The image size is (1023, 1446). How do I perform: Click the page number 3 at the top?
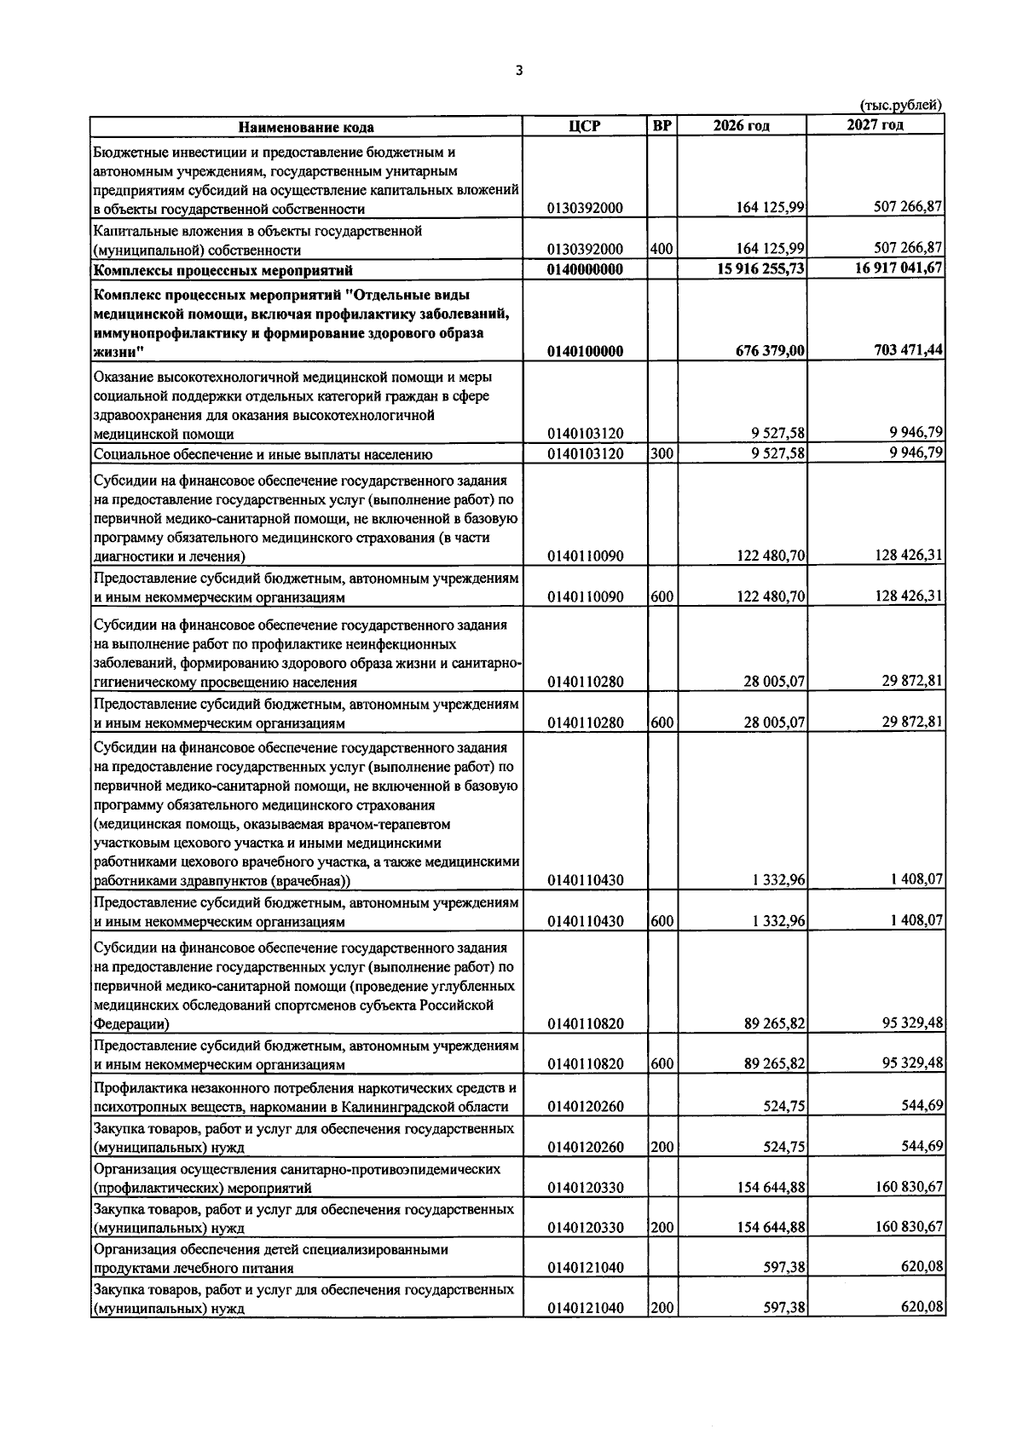point(518,71)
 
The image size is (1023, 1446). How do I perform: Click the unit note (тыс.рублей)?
point(900,106)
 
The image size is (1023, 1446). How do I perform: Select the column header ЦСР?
point(584,126)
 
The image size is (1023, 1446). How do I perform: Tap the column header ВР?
point(662,126)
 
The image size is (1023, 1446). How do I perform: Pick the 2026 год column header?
point(741,126)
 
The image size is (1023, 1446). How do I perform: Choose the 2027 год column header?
point(875,125)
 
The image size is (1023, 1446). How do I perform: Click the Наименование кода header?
point(306,127)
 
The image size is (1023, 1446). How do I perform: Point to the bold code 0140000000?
point(585,270)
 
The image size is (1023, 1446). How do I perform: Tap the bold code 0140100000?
point(585,351)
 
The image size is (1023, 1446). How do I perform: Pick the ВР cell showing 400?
point(662,250)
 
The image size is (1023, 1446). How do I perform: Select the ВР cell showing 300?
point(662,454)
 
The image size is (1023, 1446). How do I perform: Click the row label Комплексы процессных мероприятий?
point(223,271)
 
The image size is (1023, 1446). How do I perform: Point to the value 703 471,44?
point(909,350)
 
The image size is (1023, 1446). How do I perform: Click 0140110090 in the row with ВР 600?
point(585,596)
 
